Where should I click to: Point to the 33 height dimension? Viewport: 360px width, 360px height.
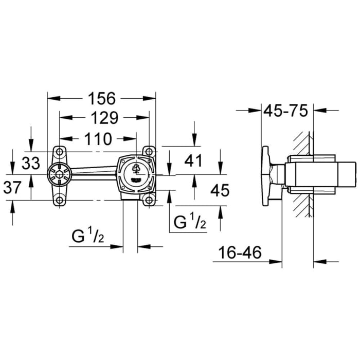31,164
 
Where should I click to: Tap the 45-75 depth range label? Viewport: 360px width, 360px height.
285,110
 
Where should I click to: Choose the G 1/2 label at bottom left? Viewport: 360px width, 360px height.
88,238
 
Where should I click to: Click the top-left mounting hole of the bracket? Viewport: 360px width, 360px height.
60,152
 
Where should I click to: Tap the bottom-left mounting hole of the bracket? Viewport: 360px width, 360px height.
60,201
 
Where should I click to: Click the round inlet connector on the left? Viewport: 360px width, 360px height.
60,176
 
